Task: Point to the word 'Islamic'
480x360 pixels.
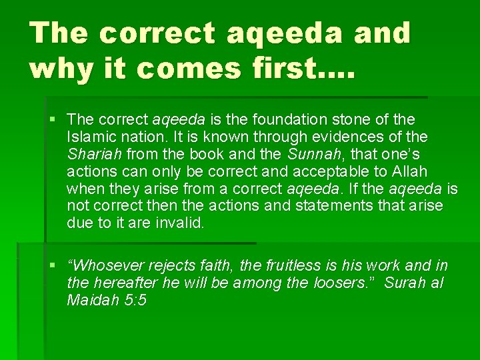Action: tap(91, 137)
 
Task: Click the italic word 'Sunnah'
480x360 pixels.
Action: tap(309, 154)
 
